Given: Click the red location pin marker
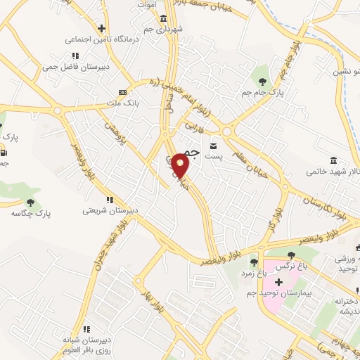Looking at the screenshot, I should point(181,165).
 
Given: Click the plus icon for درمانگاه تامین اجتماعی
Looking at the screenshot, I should point(102,29).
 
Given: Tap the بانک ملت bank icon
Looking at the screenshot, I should point(122,92).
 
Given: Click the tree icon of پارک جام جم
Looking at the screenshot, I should point(264,70).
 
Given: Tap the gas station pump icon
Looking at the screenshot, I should point(5,153).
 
